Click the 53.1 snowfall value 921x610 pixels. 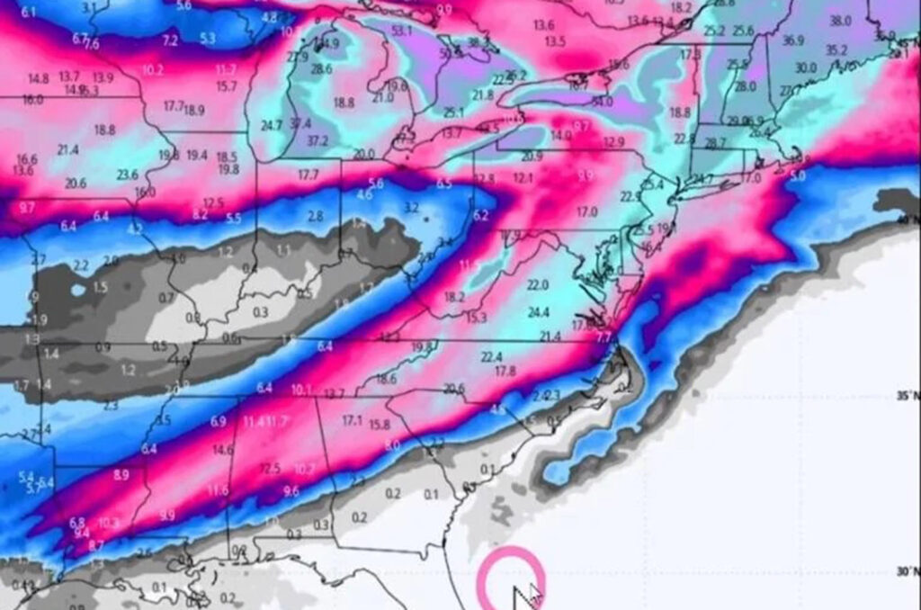pyautogui.click(x=402, y=31)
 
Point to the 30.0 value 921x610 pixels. pyautogui.click(x=805, y=67)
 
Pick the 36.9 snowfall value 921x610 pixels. pyautogui.click(x=793, y=40)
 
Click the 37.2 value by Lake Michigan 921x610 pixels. pyautogui.click(x=317, y=141)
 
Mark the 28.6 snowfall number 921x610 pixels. pyautogui.click(x=321, y=68)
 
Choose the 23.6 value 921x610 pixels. pyautogui.click(x=127, y=175)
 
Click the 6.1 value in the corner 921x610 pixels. pyautogui.click(x=28, y=12)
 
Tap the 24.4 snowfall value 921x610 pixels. pyautogui.click(x=538, y=312)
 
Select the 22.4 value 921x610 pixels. pyautogui.click(x=491, y=357)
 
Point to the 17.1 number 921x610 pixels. pyautogui.click(x=352, y=420)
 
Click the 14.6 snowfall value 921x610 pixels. pyautogui.click(x=222, y=450)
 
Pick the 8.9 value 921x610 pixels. pyautogui.click(x=121, y=474)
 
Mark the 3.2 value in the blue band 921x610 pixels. pyautogui.click(x=411, y=208)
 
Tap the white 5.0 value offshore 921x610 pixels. pyautogui.click(x=797, y=176)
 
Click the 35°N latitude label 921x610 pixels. pyautogui.click(x=908, y=396)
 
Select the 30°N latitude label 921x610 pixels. pyautogui.click(x=908, y=572)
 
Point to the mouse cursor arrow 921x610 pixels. pyautogui.click(x=525, y=597)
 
